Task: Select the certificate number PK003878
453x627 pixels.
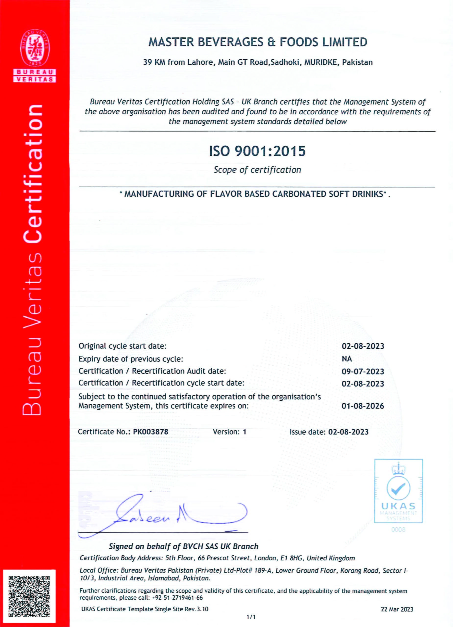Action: tap(150, 432)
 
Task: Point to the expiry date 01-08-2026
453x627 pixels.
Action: tap(363, 406)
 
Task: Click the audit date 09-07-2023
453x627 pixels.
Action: tap(363, 371)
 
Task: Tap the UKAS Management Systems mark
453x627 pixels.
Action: tap(398, 491)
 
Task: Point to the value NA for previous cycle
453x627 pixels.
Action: tap(347, 359)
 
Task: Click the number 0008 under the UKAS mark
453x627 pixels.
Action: tap(398, 530)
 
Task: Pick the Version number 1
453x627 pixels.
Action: tap(244, 432)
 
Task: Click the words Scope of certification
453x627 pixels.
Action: tap(257, 170)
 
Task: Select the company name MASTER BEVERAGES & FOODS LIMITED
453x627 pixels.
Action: tap(258, 42)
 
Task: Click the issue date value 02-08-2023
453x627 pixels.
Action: tap(348, 432)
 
